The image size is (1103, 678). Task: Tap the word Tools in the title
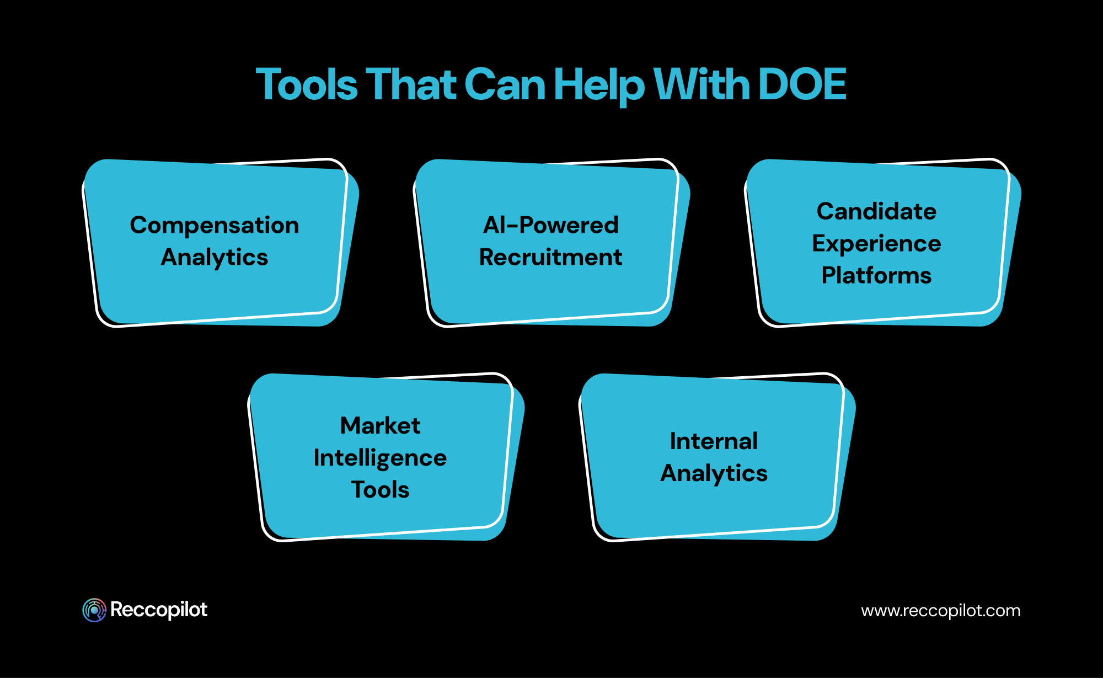(307, 85)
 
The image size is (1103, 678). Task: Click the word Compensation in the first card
(215, 226)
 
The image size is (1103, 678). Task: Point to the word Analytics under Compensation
(215, 258)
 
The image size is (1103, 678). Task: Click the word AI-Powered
(551, 225)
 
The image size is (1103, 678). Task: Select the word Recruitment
(550, 257)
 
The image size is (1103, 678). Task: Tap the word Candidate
(876, 211)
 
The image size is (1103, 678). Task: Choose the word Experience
(876, 244)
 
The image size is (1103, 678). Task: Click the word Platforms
(876, 275)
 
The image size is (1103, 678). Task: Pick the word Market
(380, 426)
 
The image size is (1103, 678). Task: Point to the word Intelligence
(380, 458)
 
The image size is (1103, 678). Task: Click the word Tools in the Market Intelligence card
(380, 490)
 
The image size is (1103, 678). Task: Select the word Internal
(714, 441)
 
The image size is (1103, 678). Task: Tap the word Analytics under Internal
(714, 473)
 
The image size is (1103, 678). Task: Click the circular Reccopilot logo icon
(94, 610)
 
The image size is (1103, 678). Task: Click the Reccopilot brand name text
(159, 610)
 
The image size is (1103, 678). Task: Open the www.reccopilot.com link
(940, 611)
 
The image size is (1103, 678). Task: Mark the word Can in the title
(505, 85)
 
